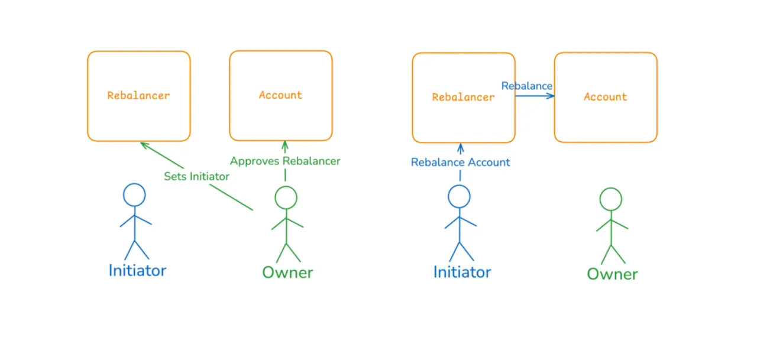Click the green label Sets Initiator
[196, 176]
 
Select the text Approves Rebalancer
[285, 161]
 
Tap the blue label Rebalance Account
[460, 163]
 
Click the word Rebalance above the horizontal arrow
[526, 86]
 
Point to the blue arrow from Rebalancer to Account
[535, 96]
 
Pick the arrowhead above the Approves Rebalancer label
[285, 146]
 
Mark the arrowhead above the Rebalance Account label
[460, 148]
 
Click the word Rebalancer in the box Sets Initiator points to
[138, 96]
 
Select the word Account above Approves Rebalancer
[280, 95]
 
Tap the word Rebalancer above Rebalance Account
[463, 98]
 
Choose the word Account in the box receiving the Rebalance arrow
[605, 98]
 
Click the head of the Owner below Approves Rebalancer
[286, 197]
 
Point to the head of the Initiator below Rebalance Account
[459, 196]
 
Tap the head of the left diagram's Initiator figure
[134, 195]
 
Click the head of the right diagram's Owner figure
[611, 199]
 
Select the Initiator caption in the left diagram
[137, 271]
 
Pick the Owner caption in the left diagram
[287, 273]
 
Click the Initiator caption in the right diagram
[462, 272]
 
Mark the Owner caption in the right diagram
[612, 274]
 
